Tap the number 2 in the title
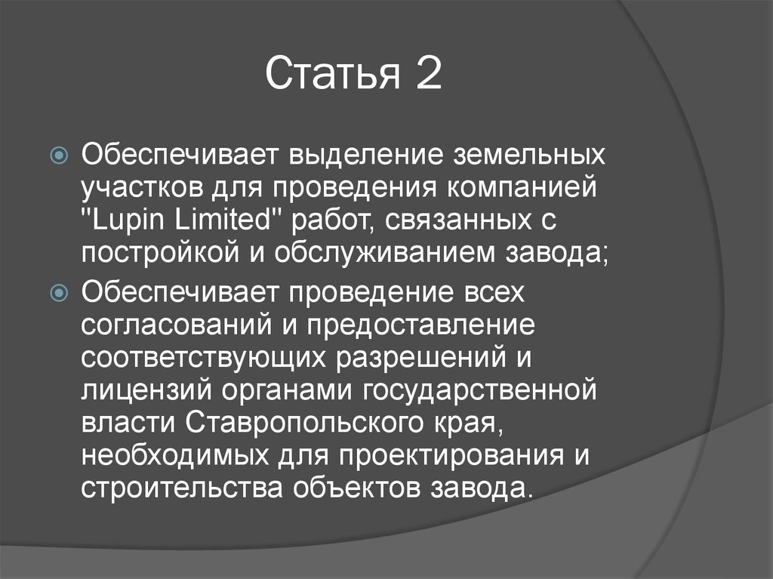pos(427,75)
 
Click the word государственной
pos(480,391)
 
